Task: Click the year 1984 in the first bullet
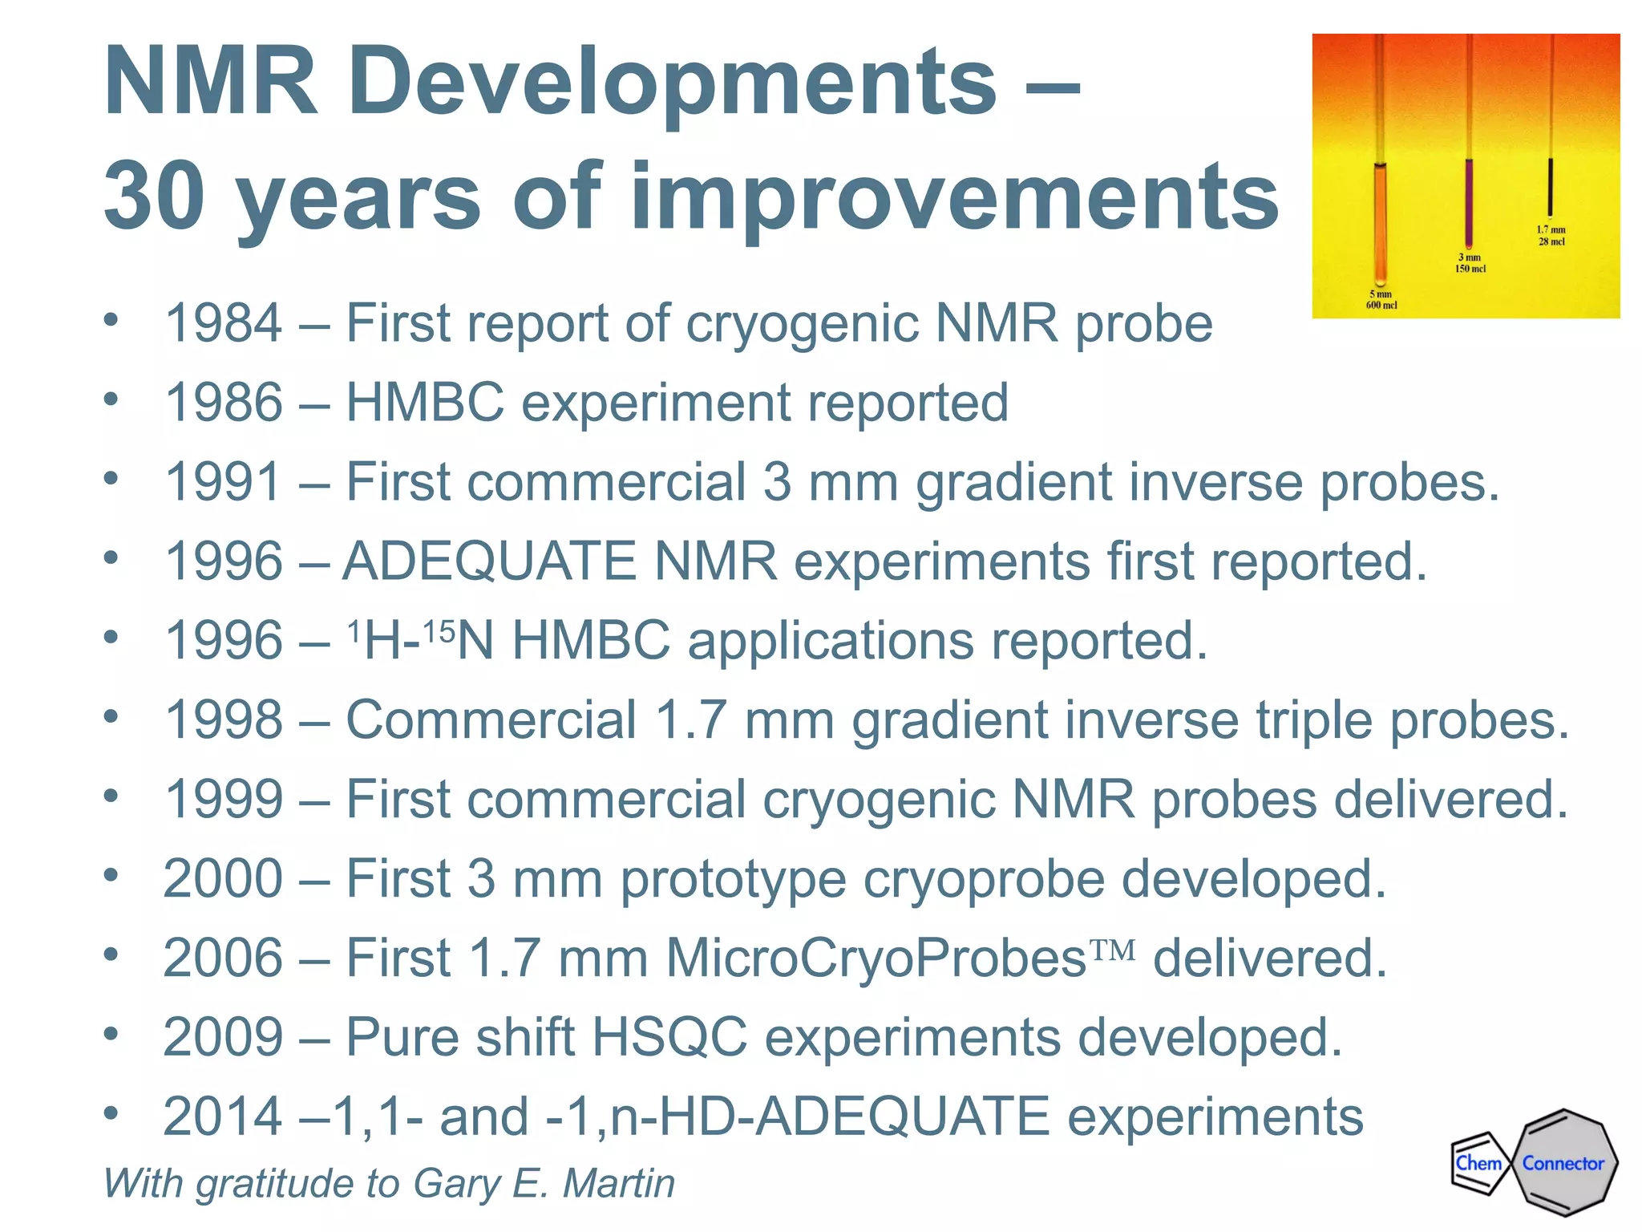223,324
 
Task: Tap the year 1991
223,482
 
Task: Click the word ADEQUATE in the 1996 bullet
488,561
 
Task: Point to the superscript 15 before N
439,632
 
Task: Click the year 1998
223,719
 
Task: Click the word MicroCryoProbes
876,958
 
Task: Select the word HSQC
669,1037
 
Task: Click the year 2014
223,1116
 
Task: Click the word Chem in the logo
1478,1163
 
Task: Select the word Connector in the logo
1563,1164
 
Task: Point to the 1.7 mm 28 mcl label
1551,236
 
